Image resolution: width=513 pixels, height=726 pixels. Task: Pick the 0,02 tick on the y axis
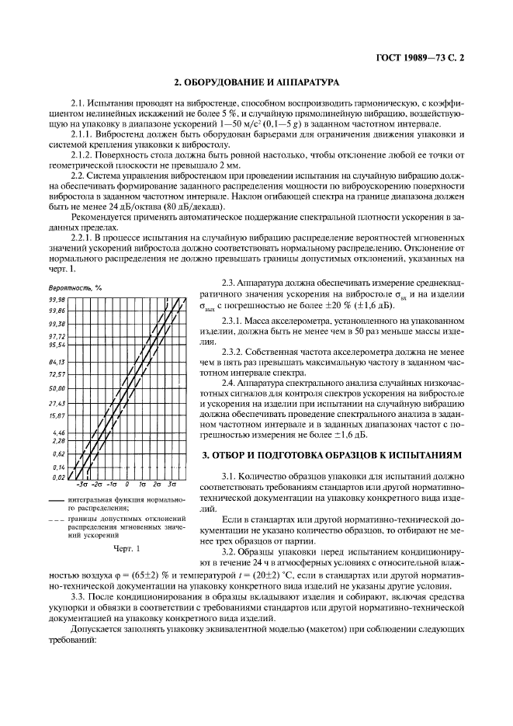[57, 478]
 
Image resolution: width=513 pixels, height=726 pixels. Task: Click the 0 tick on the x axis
[127, 485]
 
